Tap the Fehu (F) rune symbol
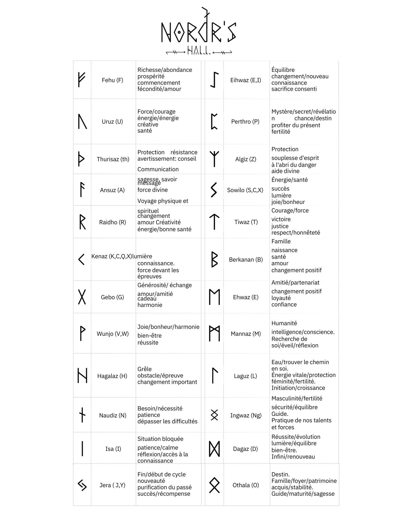coord(81,80)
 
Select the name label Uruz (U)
coord(112,122)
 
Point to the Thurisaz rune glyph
coord(81,159)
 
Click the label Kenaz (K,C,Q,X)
coord(112,256)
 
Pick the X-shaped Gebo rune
coord(82,297)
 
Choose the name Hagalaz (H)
coord(112,376)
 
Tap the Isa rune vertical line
coord(82,449)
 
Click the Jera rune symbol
coord(82,485)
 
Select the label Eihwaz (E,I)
coord(246,80)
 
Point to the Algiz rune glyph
coord(214,159)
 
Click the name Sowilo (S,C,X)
coord(245,190)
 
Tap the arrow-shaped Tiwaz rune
coord(214,222)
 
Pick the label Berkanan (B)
coord(246,260)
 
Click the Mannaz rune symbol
coord(214,334)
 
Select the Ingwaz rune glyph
coord(214,415)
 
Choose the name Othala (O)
coord(246,485)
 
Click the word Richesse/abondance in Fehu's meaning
coord(165,70)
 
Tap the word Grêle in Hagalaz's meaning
coord(145,369)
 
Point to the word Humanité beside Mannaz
coord(284,323)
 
